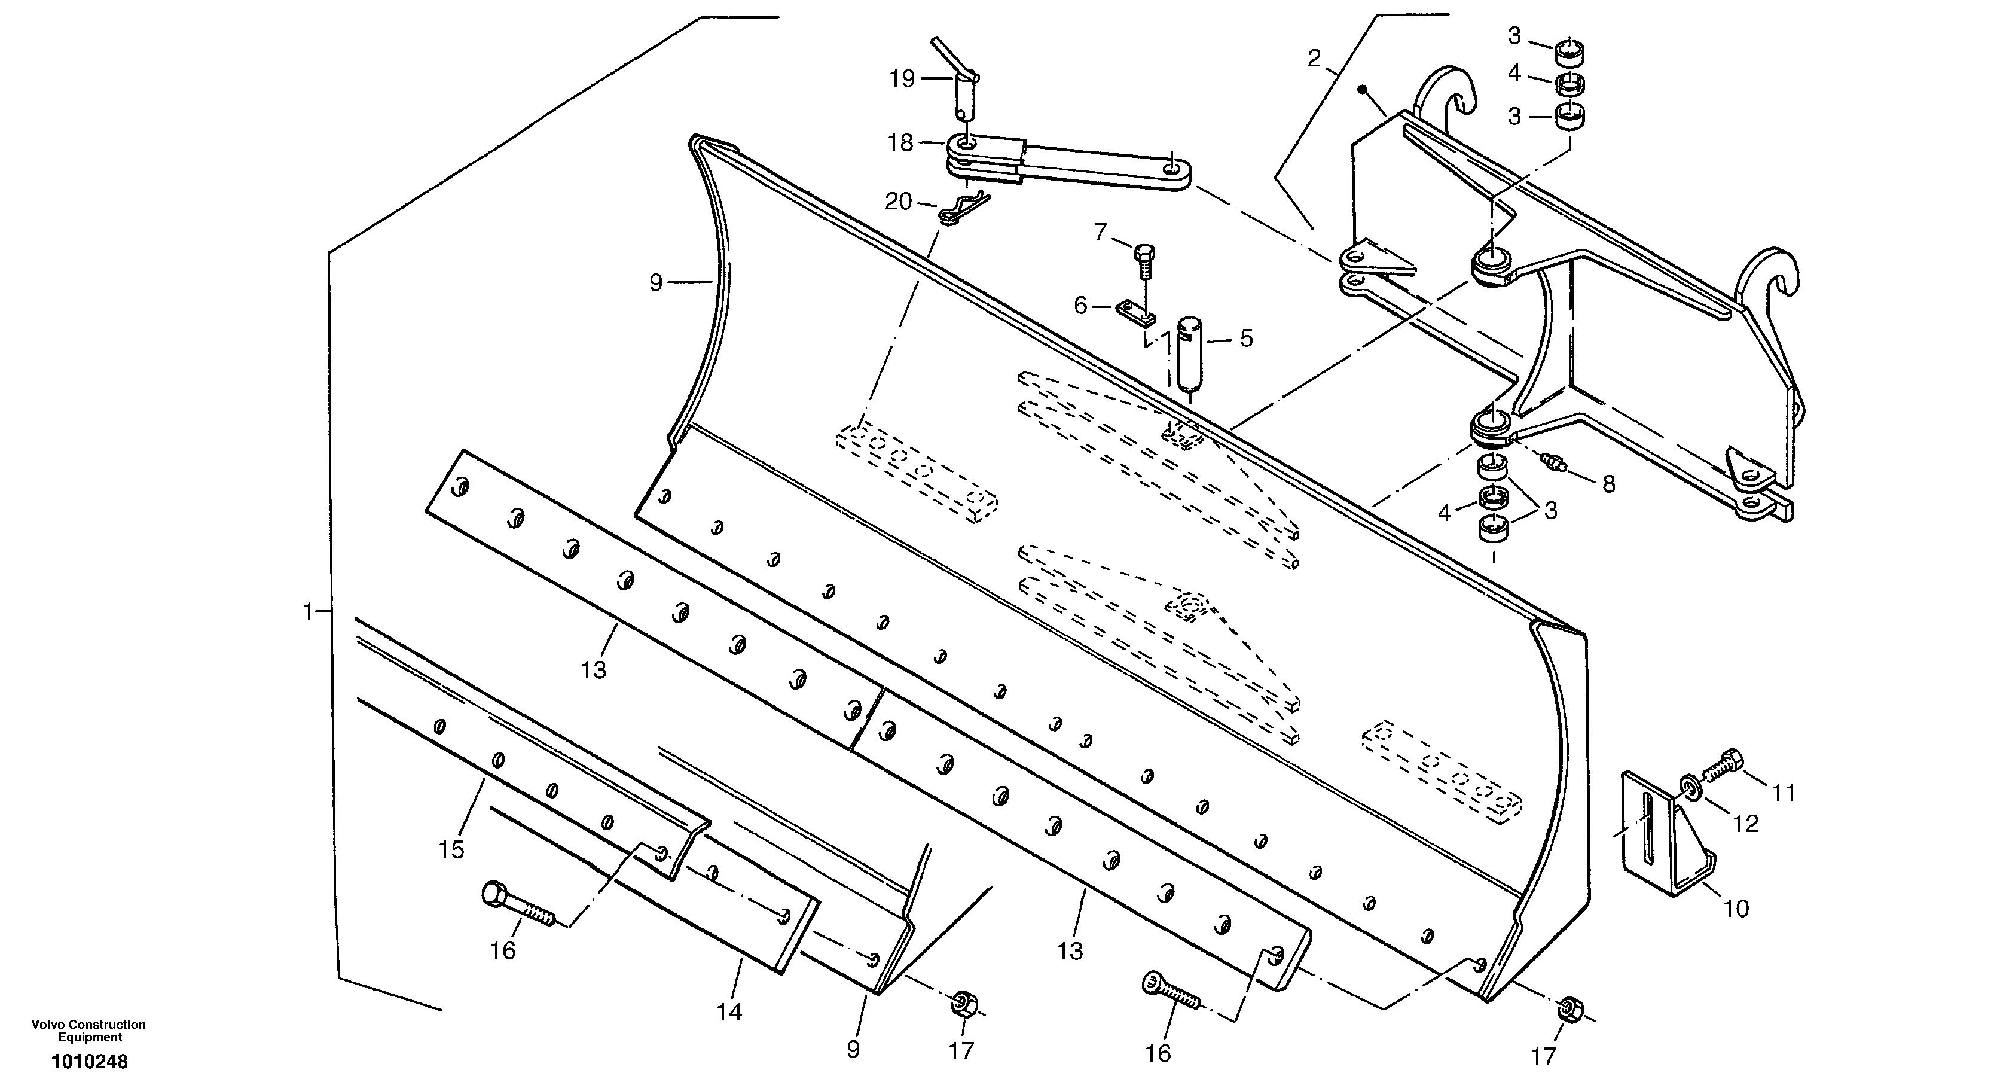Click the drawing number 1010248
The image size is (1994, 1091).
[x=90, y=1062]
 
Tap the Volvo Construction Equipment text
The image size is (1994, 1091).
[x=88, y=1031]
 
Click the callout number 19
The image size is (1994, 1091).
[x=902, y=79]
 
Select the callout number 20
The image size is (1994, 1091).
[x=899, y=202]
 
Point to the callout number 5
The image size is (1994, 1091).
[x=1246, y=339]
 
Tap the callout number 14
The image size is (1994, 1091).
[x=729, y=1011]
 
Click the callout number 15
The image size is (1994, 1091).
[x=451, y=849]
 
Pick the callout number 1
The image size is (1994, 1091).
[x=308, y=612]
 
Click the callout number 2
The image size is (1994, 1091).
[x=1314, y=59]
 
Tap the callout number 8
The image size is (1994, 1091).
[x=1608, y=484]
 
